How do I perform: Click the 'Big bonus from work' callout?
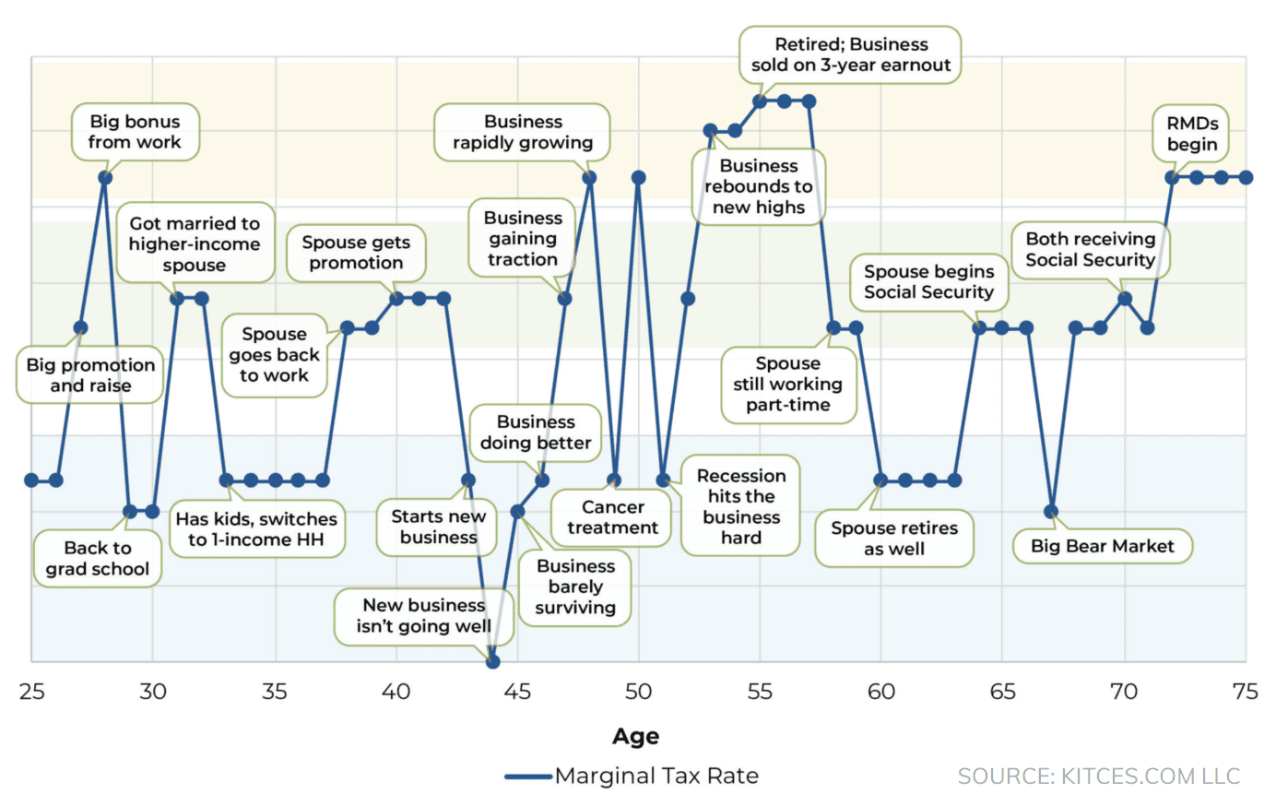click(136, 132)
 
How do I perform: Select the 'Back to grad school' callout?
click(98, 559)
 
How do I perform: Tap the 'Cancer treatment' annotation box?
click(612, 517)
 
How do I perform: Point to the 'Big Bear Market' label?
click(1102, 546)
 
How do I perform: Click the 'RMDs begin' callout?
click(1191, 134)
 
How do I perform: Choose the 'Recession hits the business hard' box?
click(740, 506)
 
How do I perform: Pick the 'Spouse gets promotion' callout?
click(356, 253)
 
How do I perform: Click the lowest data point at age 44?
click(492, 661)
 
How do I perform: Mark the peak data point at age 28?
click(105, 177)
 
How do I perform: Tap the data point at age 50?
click(638, 177)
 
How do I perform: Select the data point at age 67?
click(1051, 511)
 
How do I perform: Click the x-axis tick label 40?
click(396, 692)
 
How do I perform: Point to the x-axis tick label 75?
click(1245, 692)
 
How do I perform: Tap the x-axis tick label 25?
click(32, 692)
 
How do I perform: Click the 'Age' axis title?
click(635, 736)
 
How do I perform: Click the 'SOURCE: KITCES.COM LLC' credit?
click(1098, 776)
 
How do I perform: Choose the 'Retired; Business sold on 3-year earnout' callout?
click(850, 55)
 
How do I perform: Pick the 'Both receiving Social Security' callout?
click(1090, 250)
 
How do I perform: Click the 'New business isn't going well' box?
click(423, 616)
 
